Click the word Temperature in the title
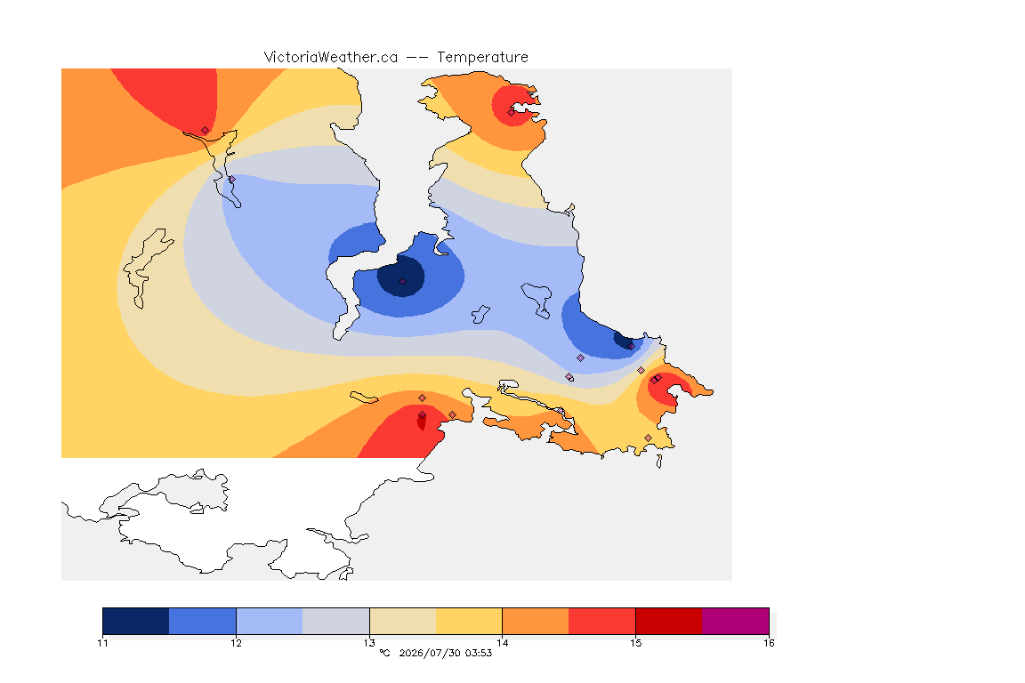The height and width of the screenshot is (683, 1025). (482, 58)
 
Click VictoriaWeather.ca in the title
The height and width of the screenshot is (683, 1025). (331, 58)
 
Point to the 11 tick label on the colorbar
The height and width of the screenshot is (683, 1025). (102, 643)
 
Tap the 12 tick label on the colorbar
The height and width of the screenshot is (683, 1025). (236, 643)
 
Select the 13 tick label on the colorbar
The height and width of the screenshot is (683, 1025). (369, 643)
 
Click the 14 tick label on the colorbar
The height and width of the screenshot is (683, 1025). (502, 643)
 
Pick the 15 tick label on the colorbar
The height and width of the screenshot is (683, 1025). (635, 643)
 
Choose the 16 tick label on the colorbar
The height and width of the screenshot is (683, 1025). (769, 643)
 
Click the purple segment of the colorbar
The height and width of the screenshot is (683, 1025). (736, 621)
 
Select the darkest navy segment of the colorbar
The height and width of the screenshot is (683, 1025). (136, 621)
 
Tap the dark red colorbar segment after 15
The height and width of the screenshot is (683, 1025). (669, 621)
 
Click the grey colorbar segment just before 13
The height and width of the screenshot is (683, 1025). (336, 621)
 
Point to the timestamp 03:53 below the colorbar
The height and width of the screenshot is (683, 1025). (479, 653)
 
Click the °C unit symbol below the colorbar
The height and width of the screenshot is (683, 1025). (384, 653)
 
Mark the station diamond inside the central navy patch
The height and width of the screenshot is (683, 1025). (403, 282)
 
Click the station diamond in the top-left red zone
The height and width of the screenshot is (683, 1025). (206, 131)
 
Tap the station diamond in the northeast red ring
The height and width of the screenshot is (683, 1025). (512, 112)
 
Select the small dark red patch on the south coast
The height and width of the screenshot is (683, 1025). (422, 421)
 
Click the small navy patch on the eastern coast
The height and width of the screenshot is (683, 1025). (622, 340)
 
